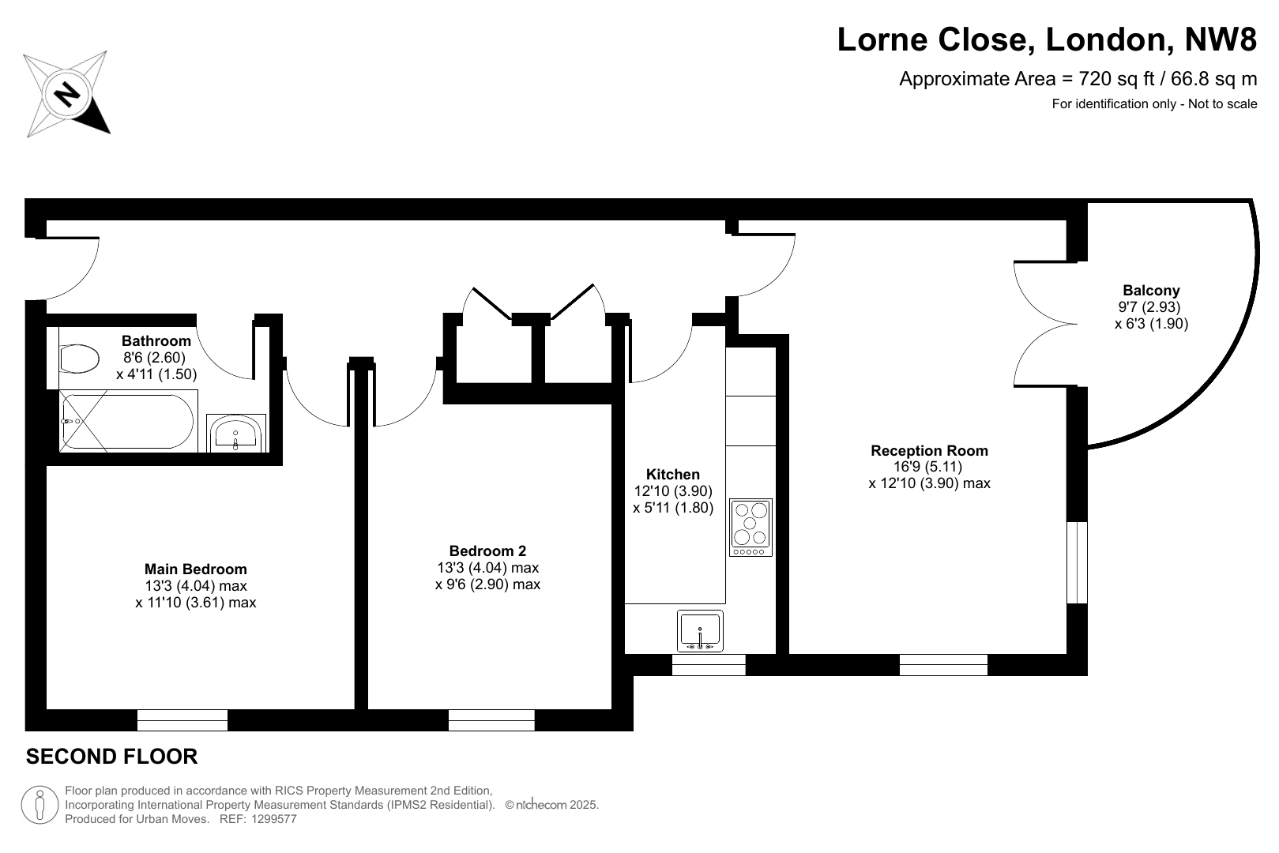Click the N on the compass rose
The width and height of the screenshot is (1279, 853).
click(x=67, y=94)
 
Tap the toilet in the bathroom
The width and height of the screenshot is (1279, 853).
click(x=79, y=359)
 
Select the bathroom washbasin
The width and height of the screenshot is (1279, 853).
click(x=236, y=434)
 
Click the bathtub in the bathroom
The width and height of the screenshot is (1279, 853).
click(x=129, y=421)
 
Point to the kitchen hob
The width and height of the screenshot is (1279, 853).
click(x=750, y=528)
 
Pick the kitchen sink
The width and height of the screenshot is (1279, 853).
click(x=700, y=631)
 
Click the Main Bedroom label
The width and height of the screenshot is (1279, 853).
click(x=195, y=569)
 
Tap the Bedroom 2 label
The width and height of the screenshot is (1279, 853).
click(x=487, y=551)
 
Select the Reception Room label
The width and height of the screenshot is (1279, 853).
click(x=929, y=450)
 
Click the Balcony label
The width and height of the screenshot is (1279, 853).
click(x=1151, y=291)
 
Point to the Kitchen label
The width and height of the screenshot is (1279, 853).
click(x=672, y=475)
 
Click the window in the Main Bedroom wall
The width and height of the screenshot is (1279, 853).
click(x=182, y=720)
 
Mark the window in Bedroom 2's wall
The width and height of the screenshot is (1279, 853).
click(x=491, y=720)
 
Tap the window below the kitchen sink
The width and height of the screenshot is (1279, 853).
click(x=709, y=664)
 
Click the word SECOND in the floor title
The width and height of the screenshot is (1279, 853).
click(x=63, y=757)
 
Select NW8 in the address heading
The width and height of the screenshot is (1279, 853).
click(x=1221, y=39)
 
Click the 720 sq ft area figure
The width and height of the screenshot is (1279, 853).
click(x=1119, y=79)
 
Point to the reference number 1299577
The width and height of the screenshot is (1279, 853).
click(x=273, y=819)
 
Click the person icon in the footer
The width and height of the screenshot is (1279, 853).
click(x=40, y=805)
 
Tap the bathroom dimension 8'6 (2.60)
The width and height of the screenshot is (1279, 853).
click(x=154, y=358)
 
